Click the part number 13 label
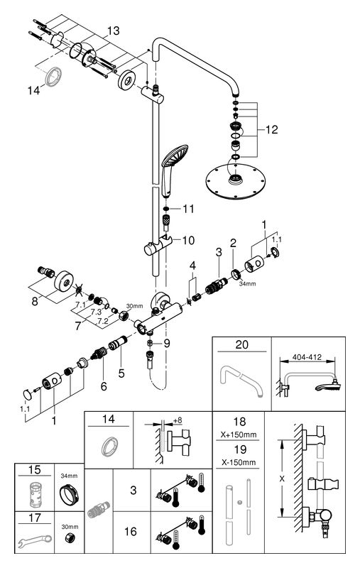(x=114, y=31)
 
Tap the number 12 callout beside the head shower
(x=272, y=129)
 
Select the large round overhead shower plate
(x=230, y=181)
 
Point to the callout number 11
(x=188, y=209)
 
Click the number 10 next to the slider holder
(x=188, y=240)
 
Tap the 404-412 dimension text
(x=307, y=357)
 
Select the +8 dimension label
(x=178, y=420)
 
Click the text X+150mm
(x=239, y=435)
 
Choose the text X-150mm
(x=239, y=462)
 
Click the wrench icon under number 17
(x=35, y=540)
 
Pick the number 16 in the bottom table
(x=131, y=531)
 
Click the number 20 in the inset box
(x=241, y=344)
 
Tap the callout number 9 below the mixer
(x=166, y=343)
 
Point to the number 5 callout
(x=121, y=373)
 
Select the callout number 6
(x=104, y=386)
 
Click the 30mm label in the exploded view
(x=135, y=306)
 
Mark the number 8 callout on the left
(x=34, y=301)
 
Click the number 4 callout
(x=192, y=266)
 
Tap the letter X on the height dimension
(x=282, y=479)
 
